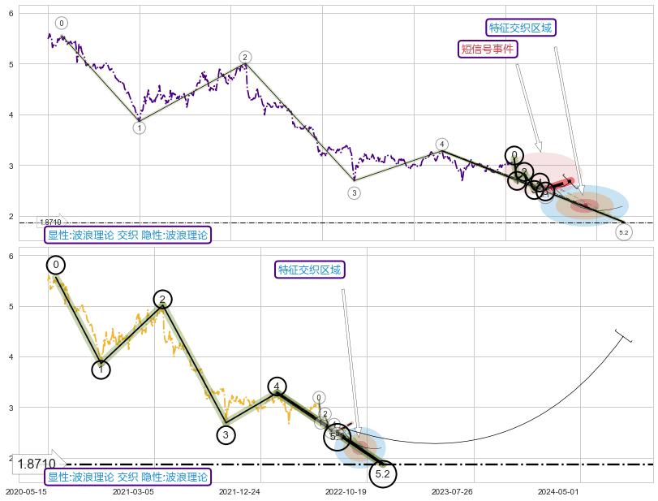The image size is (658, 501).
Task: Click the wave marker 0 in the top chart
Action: pos(62,24)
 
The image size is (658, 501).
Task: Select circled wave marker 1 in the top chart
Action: pos(140,127)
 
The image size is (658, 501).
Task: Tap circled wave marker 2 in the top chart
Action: pos(245,57)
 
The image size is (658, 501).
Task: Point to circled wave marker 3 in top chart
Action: pos(354,192)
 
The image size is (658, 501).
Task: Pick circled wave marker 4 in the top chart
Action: pos(441,144)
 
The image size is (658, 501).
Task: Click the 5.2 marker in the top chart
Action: pos(623,233)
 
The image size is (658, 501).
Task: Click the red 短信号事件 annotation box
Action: pos(488,49)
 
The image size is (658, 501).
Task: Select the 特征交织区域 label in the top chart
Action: pos(520,28)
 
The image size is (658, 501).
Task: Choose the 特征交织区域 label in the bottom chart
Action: pos(309,270)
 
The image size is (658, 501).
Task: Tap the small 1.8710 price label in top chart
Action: pos(50,222)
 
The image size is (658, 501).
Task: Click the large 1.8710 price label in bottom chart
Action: pos(37,464)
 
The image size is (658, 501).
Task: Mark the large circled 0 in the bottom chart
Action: pos(56,265)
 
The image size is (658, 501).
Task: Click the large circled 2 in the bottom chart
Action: pos(162,300)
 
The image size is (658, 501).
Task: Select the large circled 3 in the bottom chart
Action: pos(226,434)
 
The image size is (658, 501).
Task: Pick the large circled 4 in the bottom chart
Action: pos(277,387)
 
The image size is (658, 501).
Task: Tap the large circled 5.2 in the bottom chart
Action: pos(384,473)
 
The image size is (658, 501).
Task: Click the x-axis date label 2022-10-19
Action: pos(346,492)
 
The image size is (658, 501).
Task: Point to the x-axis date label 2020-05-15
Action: pos(26,492)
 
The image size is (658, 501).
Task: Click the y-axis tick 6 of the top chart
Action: pos(11,13)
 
